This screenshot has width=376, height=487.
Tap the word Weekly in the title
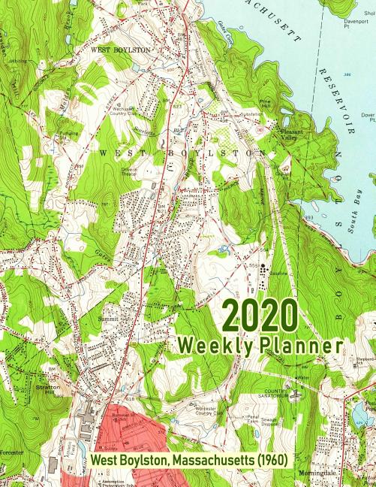(212, 346)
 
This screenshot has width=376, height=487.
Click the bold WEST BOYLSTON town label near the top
(120, 49)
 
